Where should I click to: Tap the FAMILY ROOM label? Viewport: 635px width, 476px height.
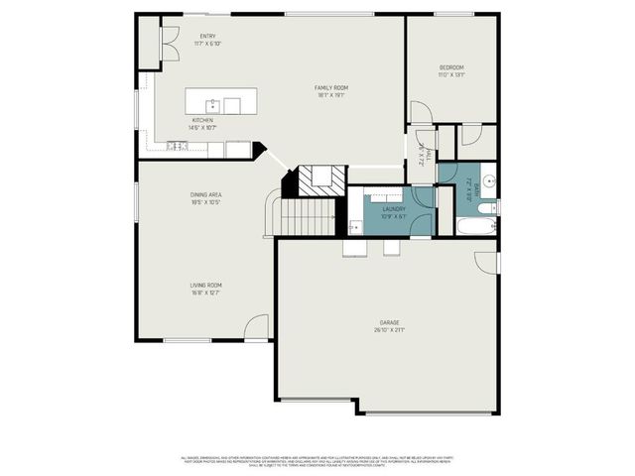pyautogui.click(x=331, y=87)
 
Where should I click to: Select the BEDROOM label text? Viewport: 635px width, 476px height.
pyautogui.click(x=451, y=67)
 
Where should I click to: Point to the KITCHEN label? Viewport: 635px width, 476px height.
pyautogui.click(x=202, y=120)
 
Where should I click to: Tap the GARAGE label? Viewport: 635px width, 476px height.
pyautogui.click(x=388, y=322)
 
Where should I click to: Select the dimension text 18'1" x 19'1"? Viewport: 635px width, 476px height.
pyautogui.click(x=331, y=96)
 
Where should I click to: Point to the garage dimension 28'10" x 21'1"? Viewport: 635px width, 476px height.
pyautogui.click(x=388, y=331)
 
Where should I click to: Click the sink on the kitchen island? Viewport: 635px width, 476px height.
pyautogui.click(x=212, y=104)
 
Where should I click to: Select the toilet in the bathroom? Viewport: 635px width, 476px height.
pyautogui.click(x=488, y=207)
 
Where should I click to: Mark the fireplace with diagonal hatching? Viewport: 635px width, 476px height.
pyautogui.click(x=323, y=178)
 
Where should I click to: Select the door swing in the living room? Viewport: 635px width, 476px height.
pyautogui.click(x=257, y=325)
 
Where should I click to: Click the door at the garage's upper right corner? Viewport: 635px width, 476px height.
pyautogui.click(x=486, y=262)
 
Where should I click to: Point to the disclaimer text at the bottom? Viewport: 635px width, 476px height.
pyautogui.click(x=317, y=461)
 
